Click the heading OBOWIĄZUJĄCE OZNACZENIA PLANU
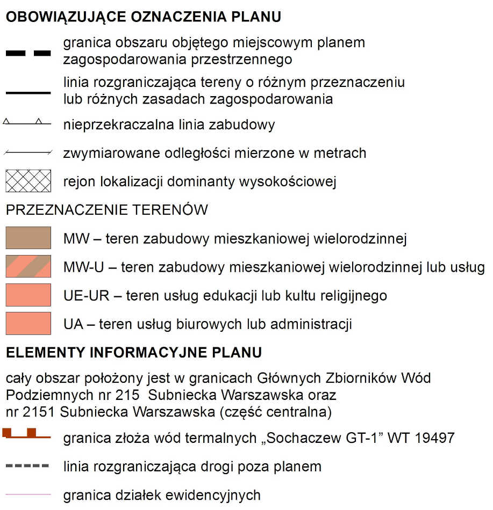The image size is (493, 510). pyautogui.click(x=144, y=17)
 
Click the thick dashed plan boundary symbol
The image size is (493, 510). pyautogui.click(x=28, y=53)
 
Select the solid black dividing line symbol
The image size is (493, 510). pyautogui.click(x=28, y=93)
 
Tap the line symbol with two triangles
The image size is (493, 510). pyautogui.click(x=28, y=123)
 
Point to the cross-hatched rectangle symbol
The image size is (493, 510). pyautogui.click(x=28, y=181)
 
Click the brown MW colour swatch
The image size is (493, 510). pyautogui.click(x=28, y=238)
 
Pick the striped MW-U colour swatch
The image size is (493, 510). pyautogui.click(x=28, y=266)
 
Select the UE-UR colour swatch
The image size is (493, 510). pyautogui.click(x=28, y=295)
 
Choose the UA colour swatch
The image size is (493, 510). pyautogui.click(x=28, y=323)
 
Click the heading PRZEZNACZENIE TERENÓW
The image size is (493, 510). pyautogui.click(x=106, y=209)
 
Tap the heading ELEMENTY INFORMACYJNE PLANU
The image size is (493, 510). pyautogui.click(x=134, y=353)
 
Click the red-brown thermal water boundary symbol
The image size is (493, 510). pyautogui.click(x=27, y=434)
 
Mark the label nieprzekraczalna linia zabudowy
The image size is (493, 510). pyautogui.click(x=169, y=125)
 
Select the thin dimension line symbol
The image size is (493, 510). pyautogui.click(x=28, y=153)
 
